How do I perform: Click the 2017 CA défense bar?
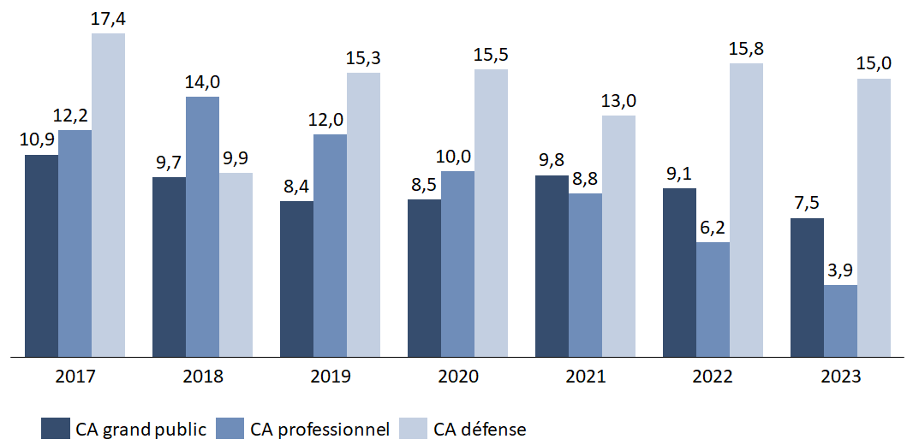coord(108,194)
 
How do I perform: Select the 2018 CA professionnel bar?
coord(202,226)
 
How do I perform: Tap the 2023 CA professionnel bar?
coord(840,320)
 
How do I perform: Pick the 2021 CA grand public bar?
coord(552,265)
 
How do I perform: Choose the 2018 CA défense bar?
coord(236,264)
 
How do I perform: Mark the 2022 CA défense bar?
coord(746,209)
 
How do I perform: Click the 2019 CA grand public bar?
coord(296,278)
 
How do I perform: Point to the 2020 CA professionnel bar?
coord(457,263)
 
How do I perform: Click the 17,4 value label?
coord(108,19)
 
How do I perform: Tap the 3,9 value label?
coord(840,271)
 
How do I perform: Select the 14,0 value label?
coord(202,82)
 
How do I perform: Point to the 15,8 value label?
coord(746,49)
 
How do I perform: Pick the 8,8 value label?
coord(585,179)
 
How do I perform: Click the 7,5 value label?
coord(807,204)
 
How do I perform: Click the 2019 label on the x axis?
coord(331,377)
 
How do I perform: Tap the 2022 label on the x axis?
coord(713,377)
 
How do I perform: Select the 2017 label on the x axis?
coord(75,377)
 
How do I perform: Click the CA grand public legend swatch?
coord(55,429)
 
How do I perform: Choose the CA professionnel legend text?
coord(319,429)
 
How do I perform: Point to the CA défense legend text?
coord(480,429)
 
